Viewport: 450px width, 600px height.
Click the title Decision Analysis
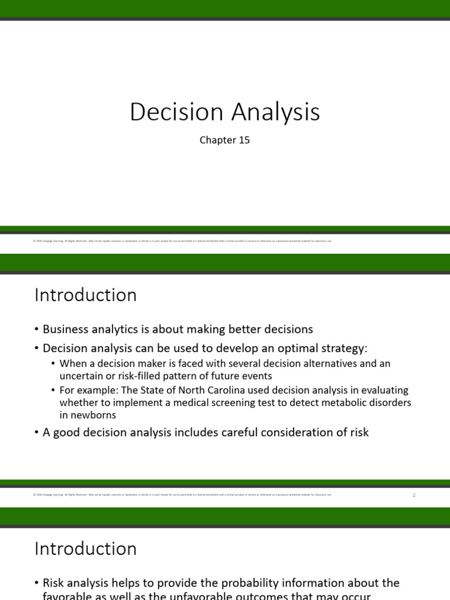[x=224, y=112]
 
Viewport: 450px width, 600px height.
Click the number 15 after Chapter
[x=244, y=140]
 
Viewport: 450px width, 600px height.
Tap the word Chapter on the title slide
[x=217, y=140]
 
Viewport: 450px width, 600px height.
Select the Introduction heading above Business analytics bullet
[x=86, y=295]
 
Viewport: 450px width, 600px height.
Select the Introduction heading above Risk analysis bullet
[x=86, y=548]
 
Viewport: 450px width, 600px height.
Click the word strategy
[x=342, y=348]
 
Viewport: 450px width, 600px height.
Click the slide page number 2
[x=413, y=495]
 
